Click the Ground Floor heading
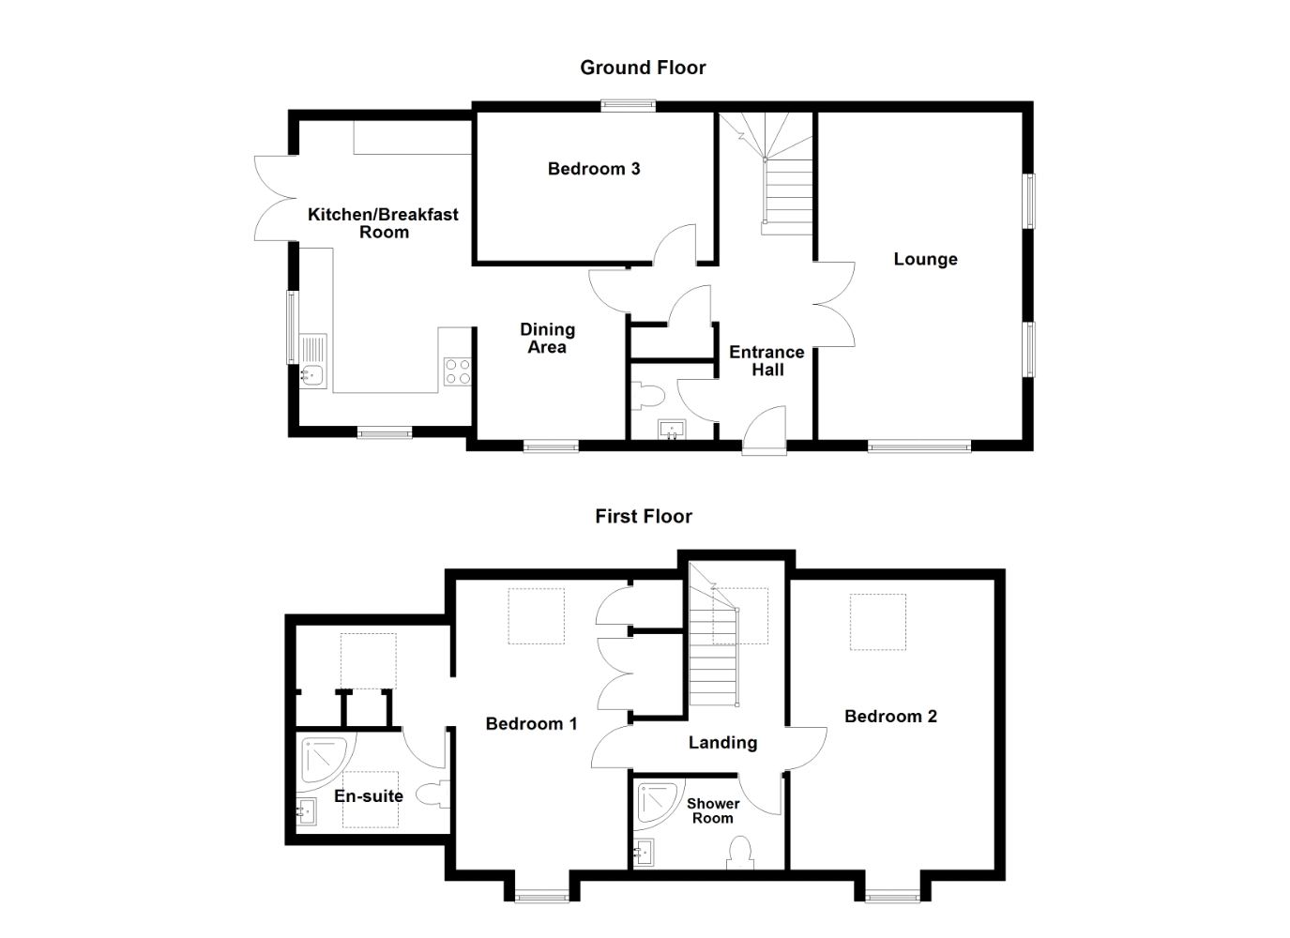(x=643, y=68)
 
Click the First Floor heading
(x=644, y=517)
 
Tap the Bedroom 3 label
(x=594, y=169)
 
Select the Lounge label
(x=925, y=259)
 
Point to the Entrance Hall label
(x=767, y=361)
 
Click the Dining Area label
(x=547, y=339)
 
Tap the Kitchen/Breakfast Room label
(x=384, y=223)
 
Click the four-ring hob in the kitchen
(x=457, y=371)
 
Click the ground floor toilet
(x=648, y=396)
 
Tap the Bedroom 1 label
(x=531, y=724)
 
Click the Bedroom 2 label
(x=890, y=717)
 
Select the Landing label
(x=722, y=743)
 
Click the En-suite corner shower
(x=325, y=762)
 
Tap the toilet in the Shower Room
(x=740, y=853)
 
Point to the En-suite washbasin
(x=307, y=811)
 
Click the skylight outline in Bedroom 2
(x=877, y=622)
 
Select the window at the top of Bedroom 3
(x=628, y=105)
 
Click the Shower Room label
(x=713, y=810)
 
